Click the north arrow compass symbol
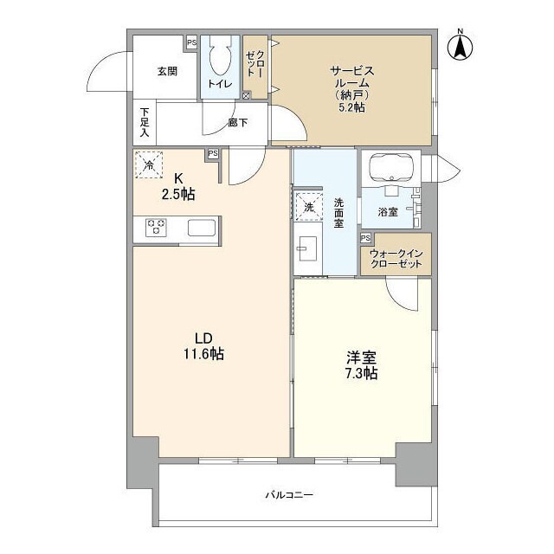[460, 45]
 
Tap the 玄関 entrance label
[167, 71]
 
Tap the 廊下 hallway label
[238, 123]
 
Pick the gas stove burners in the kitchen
[157, 228]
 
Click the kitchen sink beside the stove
[203, 229]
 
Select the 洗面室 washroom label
[339, 212]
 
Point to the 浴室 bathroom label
[387, 210]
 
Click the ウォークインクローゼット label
[395, 258]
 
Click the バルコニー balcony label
[288, 495]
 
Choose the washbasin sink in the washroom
[307, 248]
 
